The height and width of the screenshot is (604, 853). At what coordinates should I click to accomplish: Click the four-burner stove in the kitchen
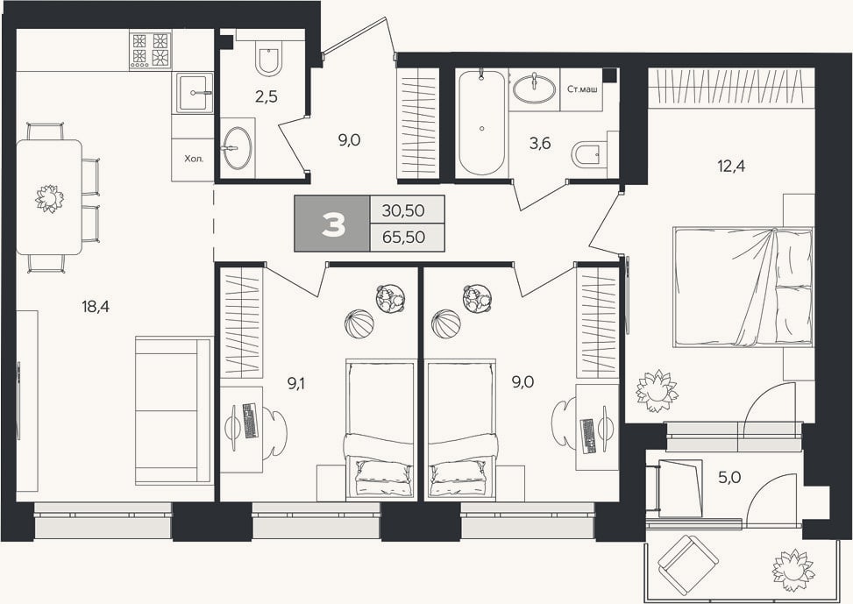coord(150,50)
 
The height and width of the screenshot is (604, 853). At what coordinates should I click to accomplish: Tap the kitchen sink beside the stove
coord(194,93)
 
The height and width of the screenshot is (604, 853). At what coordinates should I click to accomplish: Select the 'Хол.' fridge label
coord(194,159)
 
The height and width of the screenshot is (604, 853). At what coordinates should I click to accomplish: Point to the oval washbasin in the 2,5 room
coord(237,148)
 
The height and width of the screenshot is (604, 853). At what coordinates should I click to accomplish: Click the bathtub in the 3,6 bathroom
coord(482,123)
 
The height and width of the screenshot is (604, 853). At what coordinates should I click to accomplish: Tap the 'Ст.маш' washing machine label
coord(582,89)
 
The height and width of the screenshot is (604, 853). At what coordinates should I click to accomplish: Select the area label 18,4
coord(96,307)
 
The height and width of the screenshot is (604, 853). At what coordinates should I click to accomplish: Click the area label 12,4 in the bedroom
coord(732,166)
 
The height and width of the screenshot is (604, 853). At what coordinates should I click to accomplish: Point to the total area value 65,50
coord(403,238)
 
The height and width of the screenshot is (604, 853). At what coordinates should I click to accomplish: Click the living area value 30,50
coord(403,210)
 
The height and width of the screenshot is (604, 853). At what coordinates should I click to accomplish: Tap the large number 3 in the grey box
coord(333,224)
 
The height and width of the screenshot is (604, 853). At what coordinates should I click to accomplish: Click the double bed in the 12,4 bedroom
coord(743,287)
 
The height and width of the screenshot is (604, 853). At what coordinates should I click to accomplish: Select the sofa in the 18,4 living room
coord(173,410)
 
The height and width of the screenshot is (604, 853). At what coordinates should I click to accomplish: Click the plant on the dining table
coord(49,198)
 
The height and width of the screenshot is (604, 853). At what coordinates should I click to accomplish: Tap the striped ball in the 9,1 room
coord(359,324)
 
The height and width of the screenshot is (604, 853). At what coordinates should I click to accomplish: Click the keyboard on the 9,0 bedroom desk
coord(589,437)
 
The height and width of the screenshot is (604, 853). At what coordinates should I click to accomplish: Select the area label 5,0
coord(729,478)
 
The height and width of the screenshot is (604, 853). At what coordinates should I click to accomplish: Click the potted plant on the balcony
coord(793,567)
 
